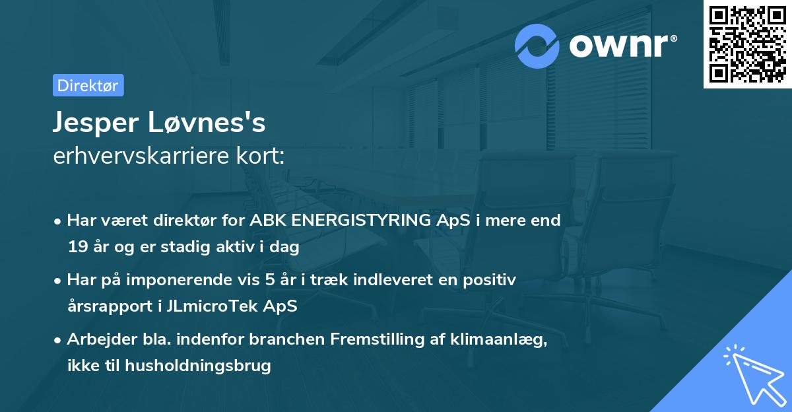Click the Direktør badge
[88, 85]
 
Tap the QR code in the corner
[747, 44]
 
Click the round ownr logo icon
[537, 46]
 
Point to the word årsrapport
[104, 306]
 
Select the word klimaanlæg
[504, 339]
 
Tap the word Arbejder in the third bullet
[97, 339]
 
